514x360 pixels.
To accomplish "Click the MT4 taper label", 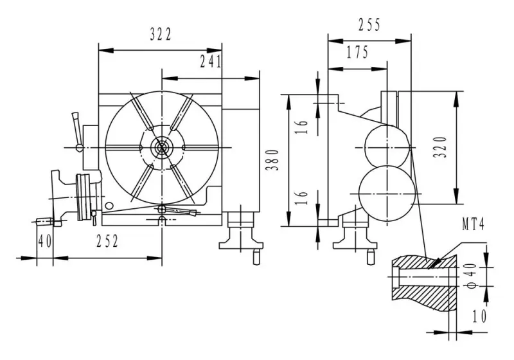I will pyautogui.click(x=474, y=226).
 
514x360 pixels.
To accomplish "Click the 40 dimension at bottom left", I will pyautogui.click(x=44, y=241).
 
